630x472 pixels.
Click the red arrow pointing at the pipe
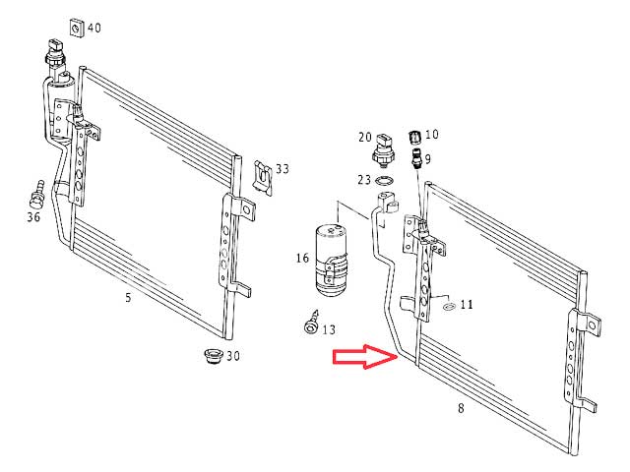pos(365,356)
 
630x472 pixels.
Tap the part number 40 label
pos(94,28)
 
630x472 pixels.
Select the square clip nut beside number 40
pos(77,28)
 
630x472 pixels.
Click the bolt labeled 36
pos(37,195)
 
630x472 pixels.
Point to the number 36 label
pos(33,216)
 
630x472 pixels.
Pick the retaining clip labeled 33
pos(263,177)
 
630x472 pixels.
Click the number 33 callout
pos(283,168)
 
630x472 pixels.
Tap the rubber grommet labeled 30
pos(213,356)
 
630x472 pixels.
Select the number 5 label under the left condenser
pos(128,297)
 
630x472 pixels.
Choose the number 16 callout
pos(302,258)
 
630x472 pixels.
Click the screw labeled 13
pos(311,322)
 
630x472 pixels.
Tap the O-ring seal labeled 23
pos(385,181)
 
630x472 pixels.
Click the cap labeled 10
pos(414,138)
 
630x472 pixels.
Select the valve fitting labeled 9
pos(416,157)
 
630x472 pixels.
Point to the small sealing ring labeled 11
pos(449,308)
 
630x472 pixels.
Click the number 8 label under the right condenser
pos(461,408)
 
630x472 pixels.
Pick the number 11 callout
pos(467,304)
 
